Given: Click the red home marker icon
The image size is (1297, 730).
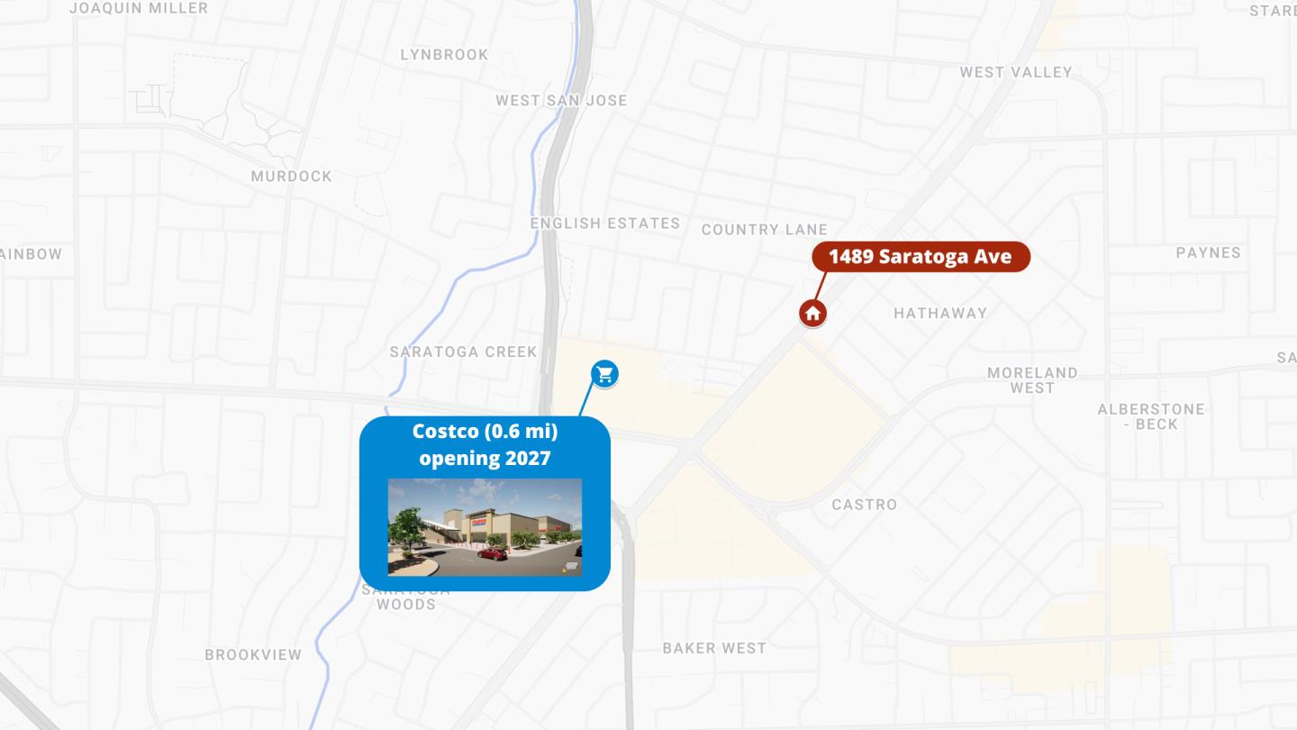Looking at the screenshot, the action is [x=812, y=314].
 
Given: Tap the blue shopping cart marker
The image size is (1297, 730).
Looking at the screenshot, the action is [x=604, y=373].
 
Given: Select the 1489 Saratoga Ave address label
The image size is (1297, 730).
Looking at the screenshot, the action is [x=920, y=257].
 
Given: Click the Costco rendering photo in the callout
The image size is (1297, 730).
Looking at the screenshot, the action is [x=485, y=527].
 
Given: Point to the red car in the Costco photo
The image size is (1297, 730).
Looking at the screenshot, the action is [x=493, y=553].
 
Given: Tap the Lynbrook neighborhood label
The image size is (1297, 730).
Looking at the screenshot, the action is [x=444, y=55].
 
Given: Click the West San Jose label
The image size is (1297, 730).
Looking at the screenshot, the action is [x=561, y=100].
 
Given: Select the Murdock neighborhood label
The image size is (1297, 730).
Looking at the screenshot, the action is [x=291, y=177].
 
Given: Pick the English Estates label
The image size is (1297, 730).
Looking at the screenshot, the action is [x=604, y=224].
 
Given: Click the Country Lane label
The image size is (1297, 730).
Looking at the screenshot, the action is [x=764, y=230].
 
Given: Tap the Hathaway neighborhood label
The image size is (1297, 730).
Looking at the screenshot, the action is [x=940, y=314].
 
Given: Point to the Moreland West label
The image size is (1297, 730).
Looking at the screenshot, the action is [x=1032, y=380].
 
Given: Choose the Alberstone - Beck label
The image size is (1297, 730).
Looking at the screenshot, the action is [x=1150, y=416].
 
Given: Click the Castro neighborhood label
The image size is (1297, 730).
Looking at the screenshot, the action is [x=864, y=505].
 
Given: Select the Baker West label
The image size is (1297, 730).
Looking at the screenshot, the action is [x=714, y=648].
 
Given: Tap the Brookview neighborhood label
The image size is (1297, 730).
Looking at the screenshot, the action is [x=253, y=655].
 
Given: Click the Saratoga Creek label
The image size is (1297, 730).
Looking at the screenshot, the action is [x=463, y=352].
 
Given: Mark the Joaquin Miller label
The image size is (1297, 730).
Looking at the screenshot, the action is [x=138, y=8].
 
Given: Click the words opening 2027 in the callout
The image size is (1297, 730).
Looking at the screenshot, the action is [x=485, y=458].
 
